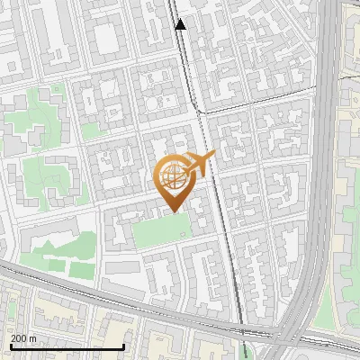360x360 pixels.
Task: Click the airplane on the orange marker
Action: coord(201,164)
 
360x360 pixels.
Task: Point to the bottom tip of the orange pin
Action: coord(172,211)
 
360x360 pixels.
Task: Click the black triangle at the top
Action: coord(181,24)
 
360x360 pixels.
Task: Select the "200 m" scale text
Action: coord(24,338)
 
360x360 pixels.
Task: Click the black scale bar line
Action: coord(67,346)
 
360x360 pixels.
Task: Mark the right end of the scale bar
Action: coord(123,346)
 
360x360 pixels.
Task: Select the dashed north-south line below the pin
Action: coord(232,270)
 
